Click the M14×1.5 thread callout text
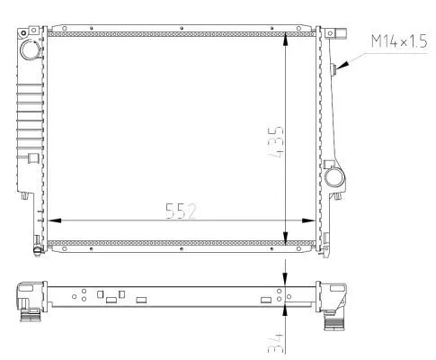pos(400,42)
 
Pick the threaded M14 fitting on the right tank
pos(334,70)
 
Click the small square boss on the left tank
pos(33,158)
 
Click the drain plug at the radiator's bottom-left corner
pos(37,241)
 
